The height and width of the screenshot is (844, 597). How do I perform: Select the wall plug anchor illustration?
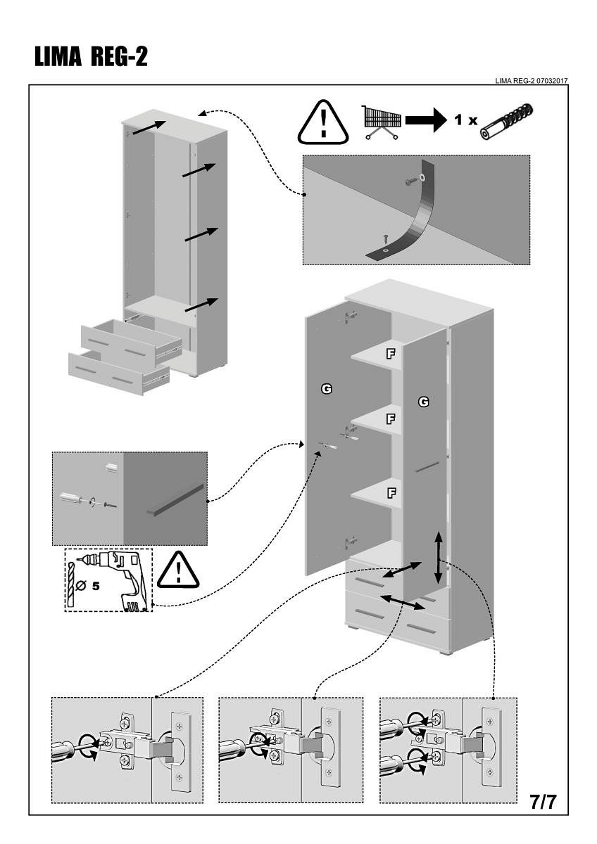pos(507,121)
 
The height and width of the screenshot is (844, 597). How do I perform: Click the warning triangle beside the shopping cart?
pos(323,123)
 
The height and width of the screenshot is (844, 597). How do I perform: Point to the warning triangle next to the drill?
pos(178,570)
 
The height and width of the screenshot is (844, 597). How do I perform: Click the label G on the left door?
pos(327,388)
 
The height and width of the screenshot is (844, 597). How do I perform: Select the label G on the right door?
pos(423,402)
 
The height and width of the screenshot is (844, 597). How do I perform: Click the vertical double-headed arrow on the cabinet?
pos(439,558)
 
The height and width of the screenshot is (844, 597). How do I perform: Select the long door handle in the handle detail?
pos(175,499)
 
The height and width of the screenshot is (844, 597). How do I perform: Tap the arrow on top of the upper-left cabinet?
pos(149,127)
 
